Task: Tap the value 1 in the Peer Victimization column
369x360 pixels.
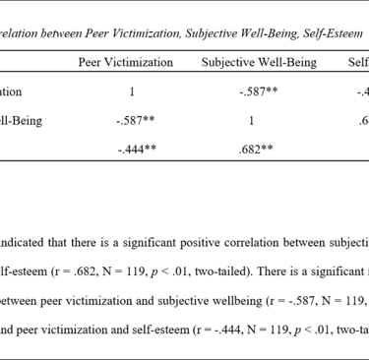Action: (x=131, y=92)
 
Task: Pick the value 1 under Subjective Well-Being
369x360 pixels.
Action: (x=251, y=121)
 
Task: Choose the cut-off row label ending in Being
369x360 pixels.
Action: (x=23, y=121)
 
